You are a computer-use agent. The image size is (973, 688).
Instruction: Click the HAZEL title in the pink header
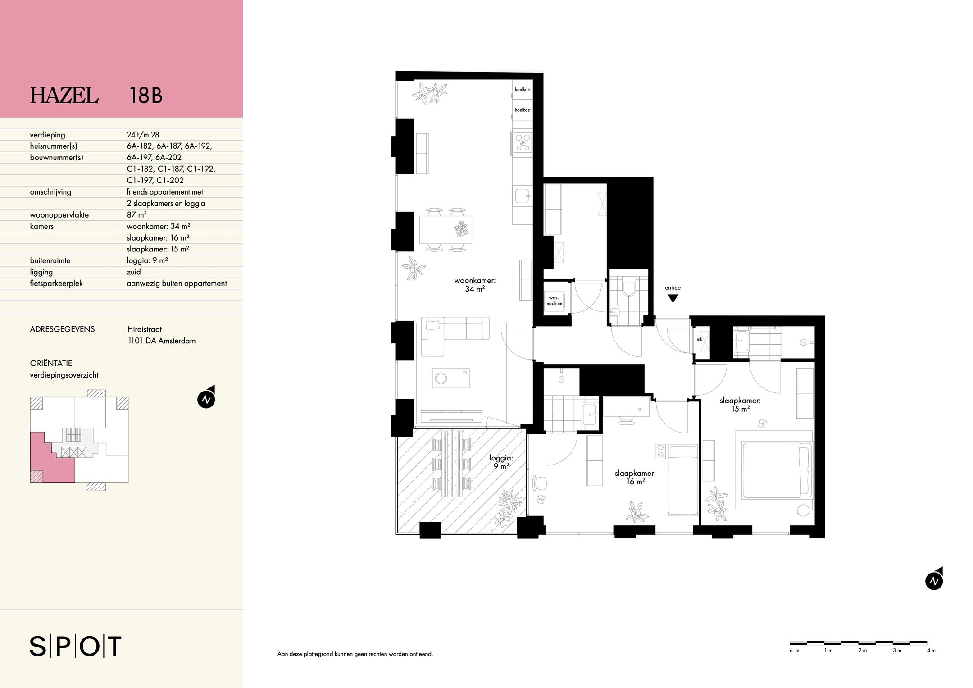coord(64,96)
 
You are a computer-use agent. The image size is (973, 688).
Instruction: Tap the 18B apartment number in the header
coord(145,96)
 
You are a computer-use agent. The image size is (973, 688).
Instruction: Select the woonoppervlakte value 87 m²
coord(136,215)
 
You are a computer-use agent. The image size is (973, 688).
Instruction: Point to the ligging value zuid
coord(134,272)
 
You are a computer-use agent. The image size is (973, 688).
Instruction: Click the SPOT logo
coord(76,646)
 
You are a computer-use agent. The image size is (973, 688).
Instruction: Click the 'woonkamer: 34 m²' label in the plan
coord(475,284)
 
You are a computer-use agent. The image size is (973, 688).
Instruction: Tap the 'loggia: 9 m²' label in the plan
coord(501,462)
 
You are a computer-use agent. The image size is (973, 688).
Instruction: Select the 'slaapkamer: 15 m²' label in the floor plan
coord(740,404)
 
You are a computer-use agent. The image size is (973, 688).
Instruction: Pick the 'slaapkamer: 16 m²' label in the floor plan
coord(635,477)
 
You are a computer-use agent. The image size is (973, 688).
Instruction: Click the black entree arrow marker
coord(673,298)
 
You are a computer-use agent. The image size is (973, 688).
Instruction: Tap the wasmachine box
coord(554,301)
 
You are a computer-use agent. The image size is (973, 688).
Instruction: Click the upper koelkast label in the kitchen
coord(523,89)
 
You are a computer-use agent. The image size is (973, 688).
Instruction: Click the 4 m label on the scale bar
coord(931,650)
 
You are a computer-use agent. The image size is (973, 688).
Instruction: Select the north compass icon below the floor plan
coord(934,581)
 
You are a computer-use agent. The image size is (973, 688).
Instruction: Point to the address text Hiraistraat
coord(144,329)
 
